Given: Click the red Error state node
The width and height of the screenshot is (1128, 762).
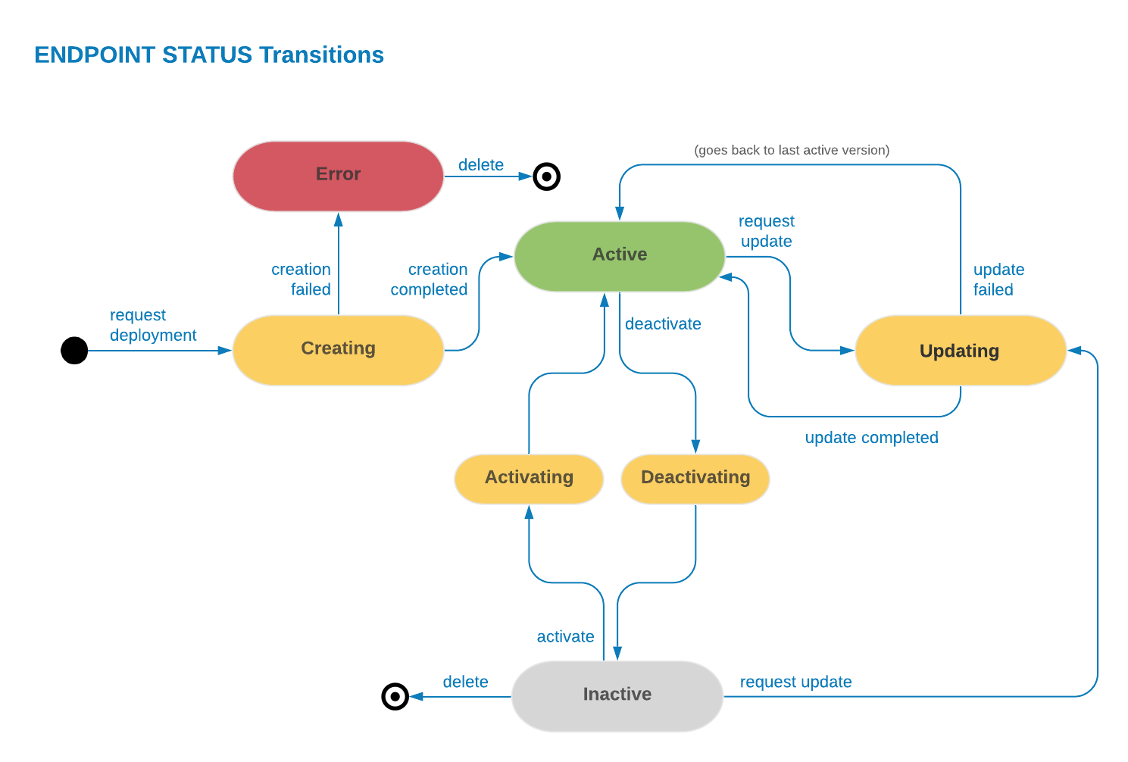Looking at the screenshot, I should coord(338,176).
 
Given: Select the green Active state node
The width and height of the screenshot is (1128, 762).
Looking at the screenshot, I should coord(619,256).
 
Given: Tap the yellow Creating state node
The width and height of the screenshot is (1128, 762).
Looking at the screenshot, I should coord(338,350).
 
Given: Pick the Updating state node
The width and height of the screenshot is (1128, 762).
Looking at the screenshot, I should coord(960,351).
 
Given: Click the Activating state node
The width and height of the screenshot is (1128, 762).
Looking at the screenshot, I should coord(529,479).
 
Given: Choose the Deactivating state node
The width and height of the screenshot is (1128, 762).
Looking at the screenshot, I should coord(695,479).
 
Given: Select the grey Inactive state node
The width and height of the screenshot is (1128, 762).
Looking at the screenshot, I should coord(617,695).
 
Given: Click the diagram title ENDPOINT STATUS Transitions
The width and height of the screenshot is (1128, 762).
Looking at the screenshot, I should coord(209,55).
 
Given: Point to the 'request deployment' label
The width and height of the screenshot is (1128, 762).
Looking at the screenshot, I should coord(152,325).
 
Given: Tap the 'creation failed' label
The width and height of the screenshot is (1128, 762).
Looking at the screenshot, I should coord(302,280).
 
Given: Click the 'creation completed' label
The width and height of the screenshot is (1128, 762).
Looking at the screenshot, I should coord(430,280).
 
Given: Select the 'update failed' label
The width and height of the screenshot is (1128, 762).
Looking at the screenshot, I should coord(998,280).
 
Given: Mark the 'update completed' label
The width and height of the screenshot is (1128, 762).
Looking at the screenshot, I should coord(871,438).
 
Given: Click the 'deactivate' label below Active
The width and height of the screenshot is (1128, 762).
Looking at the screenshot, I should coord(663,324).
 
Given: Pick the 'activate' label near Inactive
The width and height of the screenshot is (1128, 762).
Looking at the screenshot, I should coord(565,637).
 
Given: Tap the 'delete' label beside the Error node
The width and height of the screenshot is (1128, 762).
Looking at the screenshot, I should coord(481,165).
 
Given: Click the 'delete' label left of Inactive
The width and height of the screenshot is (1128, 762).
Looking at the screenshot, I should coord(465,682).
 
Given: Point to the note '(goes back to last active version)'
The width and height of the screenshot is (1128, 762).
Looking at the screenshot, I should coord(792,150).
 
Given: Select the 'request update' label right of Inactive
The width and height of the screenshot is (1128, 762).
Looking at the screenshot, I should coord(795,682).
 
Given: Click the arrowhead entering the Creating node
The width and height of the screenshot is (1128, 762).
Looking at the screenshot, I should coord(225,350).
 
